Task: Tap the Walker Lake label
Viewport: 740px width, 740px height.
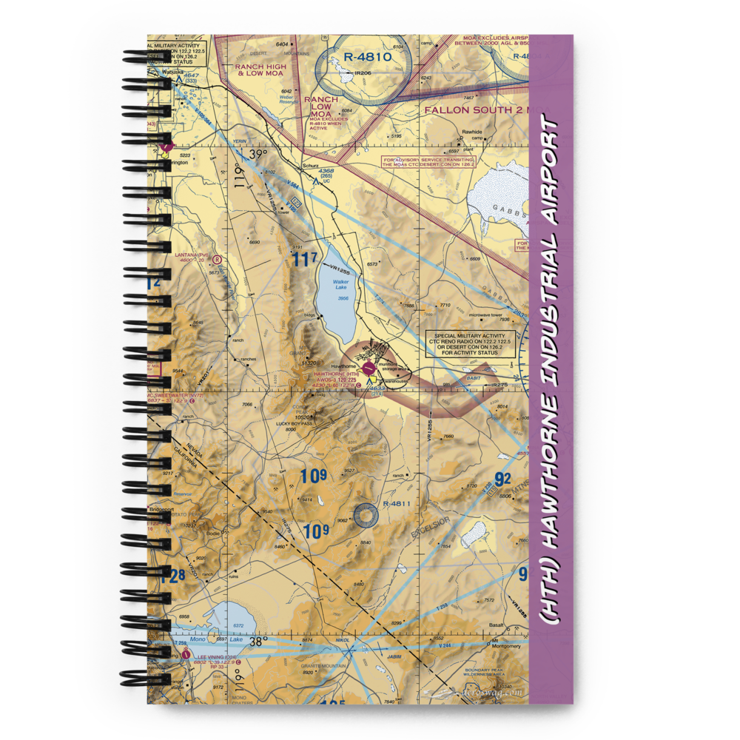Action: [340, 282]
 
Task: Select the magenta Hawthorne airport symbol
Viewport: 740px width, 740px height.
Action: [369, 367]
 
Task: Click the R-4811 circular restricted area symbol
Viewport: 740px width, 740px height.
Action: [366, 515]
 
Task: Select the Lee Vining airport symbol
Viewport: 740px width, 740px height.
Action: [184, 654]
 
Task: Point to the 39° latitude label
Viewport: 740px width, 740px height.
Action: [258, 154]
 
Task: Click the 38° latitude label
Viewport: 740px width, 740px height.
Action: [258, 642]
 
